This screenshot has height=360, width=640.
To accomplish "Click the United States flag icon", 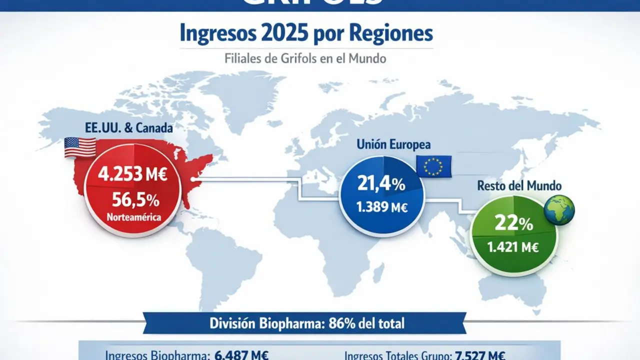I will (x=80, y=148).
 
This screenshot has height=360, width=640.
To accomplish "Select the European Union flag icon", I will (x=433, y=165).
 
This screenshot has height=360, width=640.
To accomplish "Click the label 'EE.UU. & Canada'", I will (x=129, y=128).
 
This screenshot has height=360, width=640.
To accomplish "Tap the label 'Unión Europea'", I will (x=393, y=145).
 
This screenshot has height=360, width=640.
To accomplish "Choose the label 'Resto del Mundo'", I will (x=519, y=186).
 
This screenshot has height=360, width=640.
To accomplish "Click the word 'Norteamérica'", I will (x=133, y=217).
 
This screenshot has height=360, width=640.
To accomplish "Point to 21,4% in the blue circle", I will (x=381, y=184).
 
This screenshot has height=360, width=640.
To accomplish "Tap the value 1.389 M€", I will (x=381, y=206).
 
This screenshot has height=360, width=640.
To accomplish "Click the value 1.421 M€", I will (x=513, y=246).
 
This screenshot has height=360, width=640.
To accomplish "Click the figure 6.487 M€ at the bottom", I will (x=242, y=355).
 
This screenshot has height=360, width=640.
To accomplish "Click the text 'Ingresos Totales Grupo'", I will (x=397, y=355).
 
